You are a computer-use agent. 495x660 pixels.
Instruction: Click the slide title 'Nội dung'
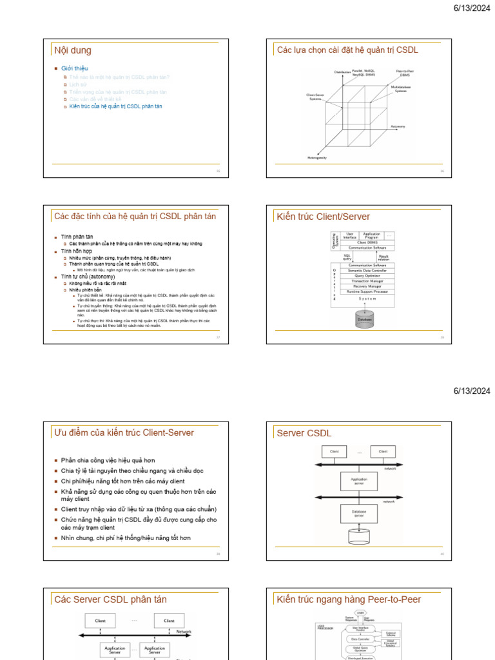pos(73,50)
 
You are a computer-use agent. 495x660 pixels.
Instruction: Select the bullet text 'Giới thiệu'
pos(75,68)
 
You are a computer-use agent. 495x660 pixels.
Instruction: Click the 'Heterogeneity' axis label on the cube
pos(316,158)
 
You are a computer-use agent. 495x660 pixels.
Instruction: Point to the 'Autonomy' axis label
pos(398,126)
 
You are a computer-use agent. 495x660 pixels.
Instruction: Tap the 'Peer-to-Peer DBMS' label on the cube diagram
pos(404,73)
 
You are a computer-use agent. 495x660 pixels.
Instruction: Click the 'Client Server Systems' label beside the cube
pos(315,97)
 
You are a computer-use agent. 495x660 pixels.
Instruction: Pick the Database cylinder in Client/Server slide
pos(365,318)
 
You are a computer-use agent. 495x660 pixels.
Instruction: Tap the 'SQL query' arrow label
pos(347,257)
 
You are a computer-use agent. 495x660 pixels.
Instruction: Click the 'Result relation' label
pos(383,257)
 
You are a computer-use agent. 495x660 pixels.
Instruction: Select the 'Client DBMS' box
pos(367,242)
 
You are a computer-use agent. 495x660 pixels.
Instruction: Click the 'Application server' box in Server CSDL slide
pos(358,481)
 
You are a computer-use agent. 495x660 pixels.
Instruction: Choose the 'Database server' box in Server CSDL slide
pos(358,513)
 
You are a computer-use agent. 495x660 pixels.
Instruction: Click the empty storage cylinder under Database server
pos(358,536)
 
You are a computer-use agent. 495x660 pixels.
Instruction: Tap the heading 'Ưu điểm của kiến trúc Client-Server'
pos(124,432)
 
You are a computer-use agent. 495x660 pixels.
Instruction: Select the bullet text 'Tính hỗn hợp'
pos(77,251)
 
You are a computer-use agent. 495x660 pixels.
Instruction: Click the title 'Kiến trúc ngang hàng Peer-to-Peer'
pos(349,599)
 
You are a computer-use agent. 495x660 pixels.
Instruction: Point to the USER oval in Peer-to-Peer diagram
pos(360,613)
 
